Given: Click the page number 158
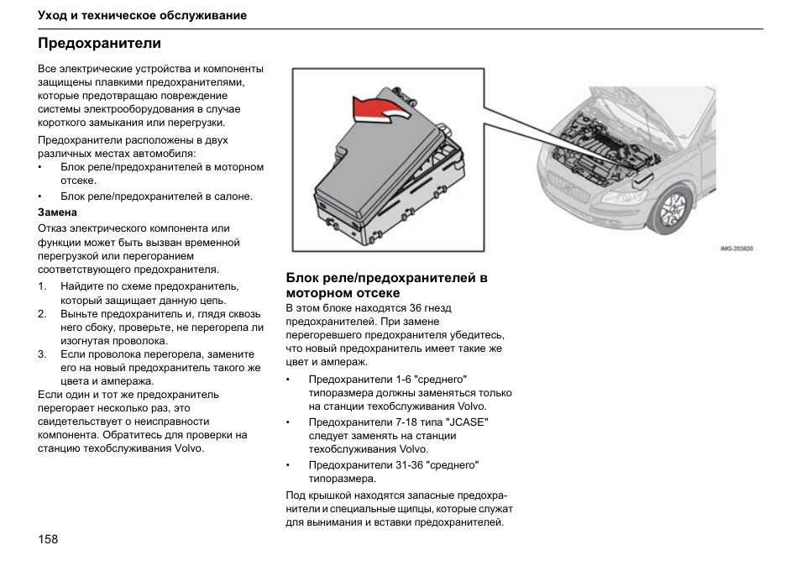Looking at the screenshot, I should click(48, 538).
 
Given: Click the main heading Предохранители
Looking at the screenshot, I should click(99, 42).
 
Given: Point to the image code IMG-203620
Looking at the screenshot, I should click(736, 248).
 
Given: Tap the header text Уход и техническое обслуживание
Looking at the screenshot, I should click(142, 15).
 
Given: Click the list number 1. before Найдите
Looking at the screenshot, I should click(42, 286).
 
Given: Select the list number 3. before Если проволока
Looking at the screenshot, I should click(42, 354).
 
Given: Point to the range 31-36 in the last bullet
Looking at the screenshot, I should click(409, 464).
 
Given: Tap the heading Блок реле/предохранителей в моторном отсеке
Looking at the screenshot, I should click(386, 286).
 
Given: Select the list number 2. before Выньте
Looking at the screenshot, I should click(42, 314).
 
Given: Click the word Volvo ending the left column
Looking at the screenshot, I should click(189, 448).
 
